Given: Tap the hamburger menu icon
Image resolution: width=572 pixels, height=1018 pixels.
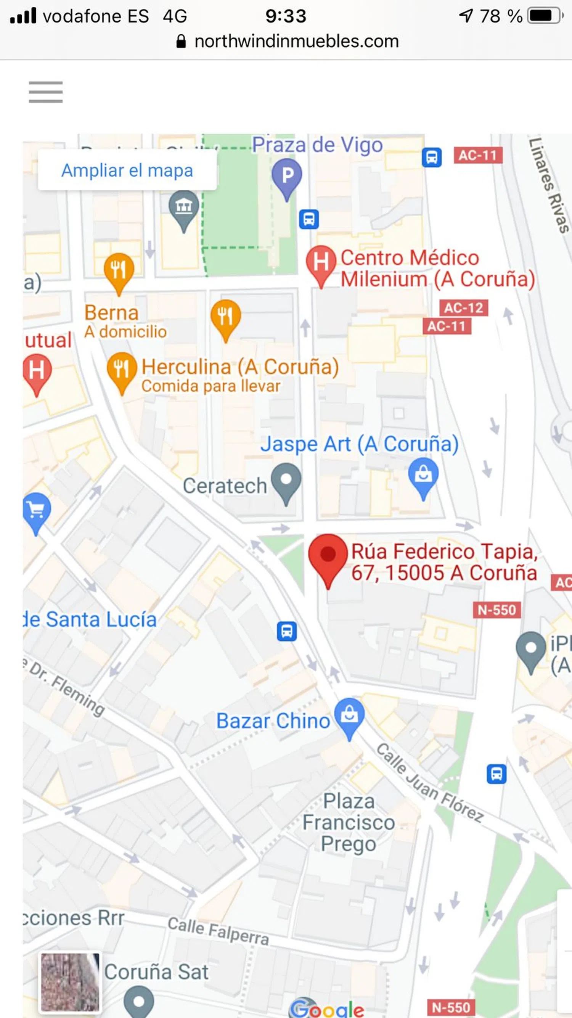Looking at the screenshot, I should tap(45, 92).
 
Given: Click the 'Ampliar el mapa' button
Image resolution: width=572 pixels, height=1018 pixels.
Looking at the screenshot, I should tap(127, 170).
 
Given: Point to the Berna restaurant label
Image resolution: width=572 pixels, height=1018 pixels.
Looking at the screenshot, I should tap(112, 313).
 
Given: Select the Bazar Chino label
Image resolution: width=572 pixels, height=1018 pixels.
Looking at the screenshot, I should tap(273, 721).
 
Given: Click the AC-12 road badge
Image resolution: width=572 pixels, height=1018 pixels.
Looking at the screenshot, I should tap(464, 307).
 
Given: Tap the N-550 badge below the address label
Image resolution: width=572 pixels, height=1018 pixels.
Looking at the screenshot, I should tap(496, 610).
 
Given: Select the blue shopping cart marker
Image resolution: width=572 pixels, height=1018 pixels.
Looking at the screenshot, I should tap(37, 510).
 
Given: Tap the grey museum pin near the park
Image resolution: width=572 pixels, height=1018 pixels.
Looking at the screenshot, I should tap(184, 208).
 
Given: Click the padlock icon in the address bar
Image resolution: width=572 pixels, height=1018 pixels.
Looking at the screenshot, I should tap(181, 41).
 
